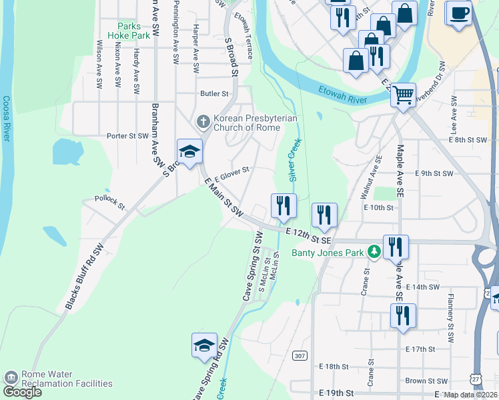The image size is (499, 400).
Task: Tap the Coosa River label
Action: click(7, 119)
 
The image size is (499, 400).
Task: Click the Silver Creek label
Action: click(292, 161)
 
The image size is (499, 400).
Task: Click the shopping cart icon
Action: click(403, 95)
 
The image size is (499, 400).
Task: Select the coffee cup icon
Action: click(458, 13)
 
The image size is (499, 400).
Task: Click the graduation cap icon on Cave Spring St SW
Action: click(205, 345)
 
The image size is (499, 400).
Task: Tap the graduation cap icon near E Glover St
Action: click(189, 151)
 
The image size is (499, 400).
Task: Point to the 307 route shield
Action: click(300, 357)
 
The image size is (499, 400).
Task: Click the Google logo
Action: click(22, 391)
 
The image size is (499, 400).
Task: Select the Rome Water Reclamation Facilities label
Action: click(66, 379)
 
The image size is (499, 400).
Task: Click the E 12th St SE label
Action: click(308, 235)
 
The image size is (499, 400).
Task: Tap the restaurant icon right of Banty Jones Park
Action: click(396, 247)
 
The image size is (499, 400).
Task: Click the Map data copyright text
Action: click(471, 395)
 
